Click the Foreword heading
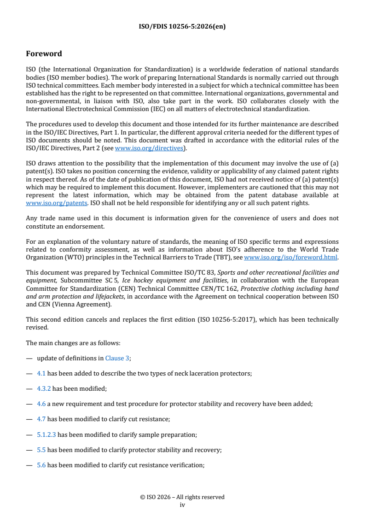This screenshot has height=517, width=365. [44, 54]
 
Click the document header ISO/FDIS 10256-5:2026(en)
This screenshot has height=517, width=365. [182, 27]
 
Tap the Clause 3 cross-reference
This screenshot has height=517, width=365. [117, 358]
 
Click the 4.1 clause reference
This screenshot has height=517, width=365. [41, 373]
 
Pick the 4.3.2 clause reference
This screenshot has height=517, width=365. [44, 388]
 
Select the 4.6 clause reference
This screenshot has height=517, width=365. [41, 404]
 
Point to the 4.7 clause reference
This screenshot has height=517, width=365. [41, 419]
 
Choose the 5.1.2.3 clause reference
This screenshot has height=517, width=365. [46, 434]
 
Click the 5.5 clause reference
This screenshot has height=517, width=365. [41, 450]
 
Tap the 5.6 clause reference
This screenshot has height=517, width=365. [41, 465]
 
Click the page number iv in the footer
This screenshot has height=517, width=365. [182, 505]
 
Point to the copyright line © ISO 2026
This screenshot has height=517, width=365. [182, 497]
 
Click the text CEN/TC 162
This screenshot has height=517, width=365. [220, 288]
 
